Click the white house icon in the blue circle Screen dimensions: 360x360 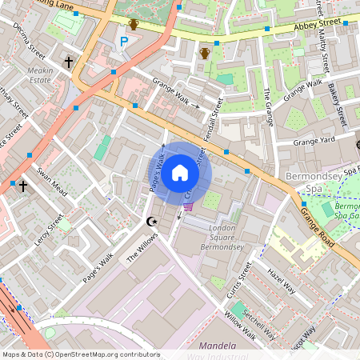coord(180,172)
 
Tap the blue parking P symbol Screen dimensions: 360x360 coord(124,42)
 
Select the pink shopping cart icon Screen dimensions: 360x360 coord(188,206)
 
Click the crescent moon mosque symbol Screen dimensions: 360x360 coord(150,220)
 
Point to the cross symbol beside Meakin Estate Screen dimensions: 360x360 coord(68,61)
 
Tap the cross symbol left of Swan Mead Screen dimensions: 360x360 coord(23,186)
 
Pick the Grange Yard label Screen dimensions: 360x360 coord(318,142)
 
